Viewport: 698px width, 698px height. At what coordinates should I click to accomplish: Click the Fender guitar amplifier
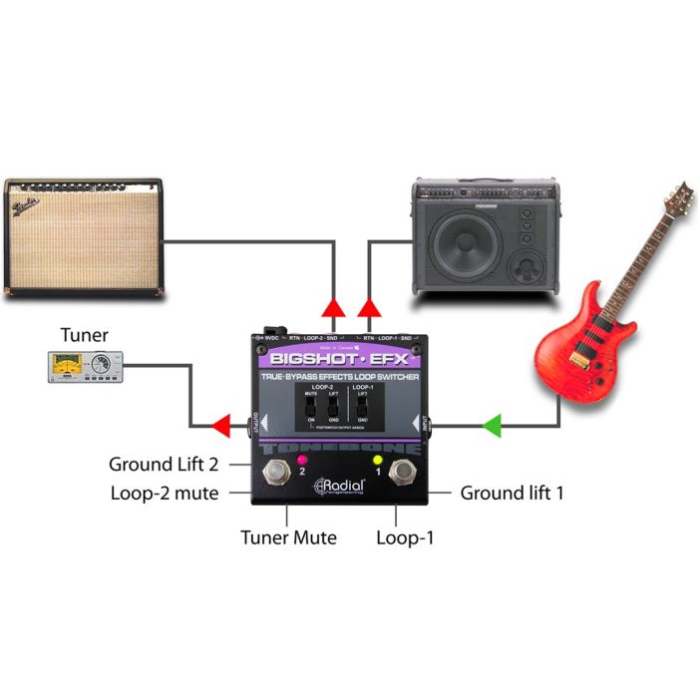(x=84, y=236)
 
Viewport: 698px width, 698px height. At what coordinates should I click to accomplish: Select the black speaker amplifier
(x=485, y=237)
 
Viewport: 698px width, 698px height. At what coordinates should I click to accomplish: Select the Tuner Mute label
(x=288, y=537)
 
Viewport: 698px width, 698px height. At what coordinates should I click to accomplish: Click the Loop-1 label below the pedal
(x=404, y=537)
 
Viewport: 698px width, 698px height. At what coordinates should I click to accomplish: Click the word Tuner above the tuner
(x=84, y=335)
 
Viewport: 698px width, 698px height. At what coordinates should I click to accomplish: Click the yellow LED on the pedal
(x=378, y=460)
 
